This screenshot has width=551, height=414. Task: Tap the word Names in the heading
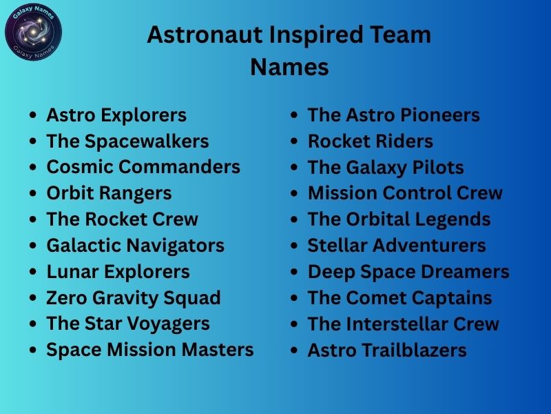[289, 68]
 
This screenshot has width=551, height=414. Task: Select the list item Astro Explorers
[116, 115]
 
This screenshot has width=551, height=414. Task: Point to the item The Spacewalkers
[127, 141]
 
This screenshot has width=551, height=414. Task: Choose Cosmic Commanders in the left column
[143, 167]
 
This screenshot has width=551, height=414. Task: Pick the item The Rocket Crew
[122, 219]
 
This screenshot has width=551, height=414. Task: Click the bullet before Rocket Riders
[294, 141]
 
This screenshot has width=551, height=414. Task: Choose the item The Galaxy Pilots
[386, 167]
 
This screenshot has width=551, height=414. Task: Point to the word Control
[417, 193]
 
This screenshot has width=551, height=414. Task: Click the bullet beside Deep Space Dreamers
[294, 273]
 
